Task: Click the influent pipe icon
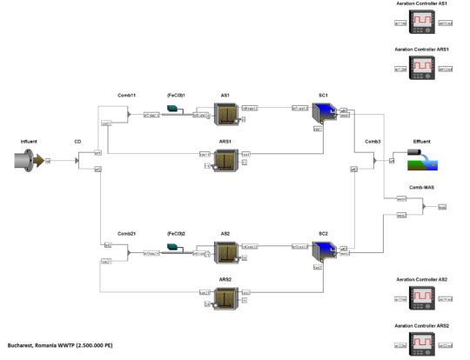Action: [x=30, y=159]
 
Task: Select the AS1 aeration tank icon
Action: [x=226, y=113]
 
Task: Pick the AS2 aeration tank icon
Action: [x=226, y=252]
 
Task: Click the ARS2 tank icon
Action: [x=226, y=298]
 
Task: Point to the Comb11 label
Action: [x=128, y=94]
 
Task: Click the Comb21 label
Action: [x=128, y=234]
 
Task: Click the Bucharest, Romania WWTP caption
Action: [x=60, y=346]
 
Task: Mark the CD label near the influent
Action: [x=77, y=141]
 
